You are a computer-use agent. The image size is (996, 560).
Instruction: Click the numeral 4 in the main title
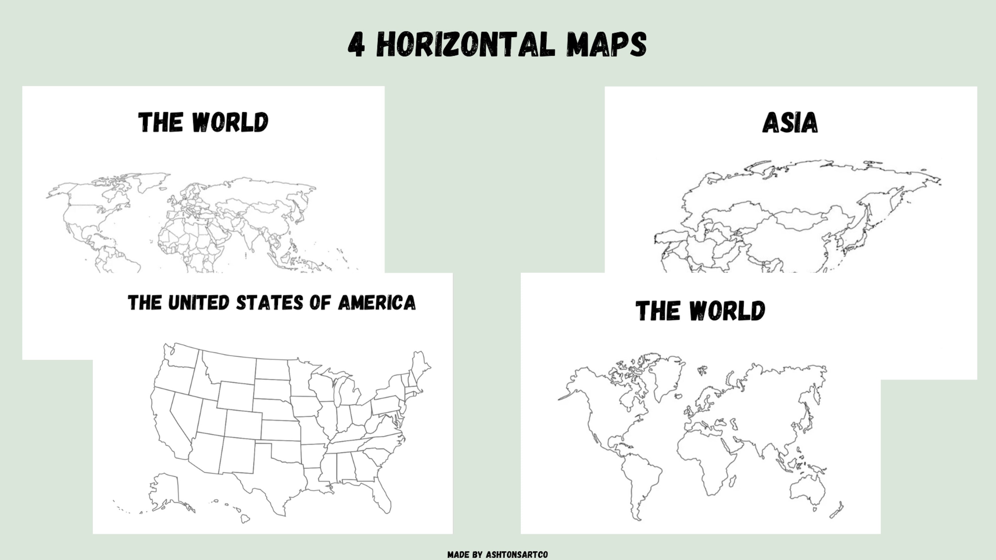pyautogui.click(x=356, y=45)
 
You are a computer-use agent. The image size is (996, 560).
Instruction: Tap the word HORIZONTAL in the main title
pyautogui.click(x=465, y=45)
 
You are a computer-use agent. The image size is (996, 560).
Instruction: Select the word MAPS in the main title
pyautogui.click(x=606, y=45)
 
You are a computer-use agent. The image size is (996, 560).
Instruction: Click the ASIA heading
pyautogui.click(x=790, y=123)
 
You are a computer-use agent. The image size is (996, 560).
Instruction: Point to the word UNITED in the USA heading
pyautogui.click(x=199, y=303)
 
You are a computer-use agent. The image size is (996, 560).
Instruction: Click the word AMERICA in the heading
pyautogui.click(x=377, y=303)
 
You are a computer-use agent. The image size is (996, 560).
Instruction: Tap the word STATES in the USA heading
pyautogui.click(x=270, y=303)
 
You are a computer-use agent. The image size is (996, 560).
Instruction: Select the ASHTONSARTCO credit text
pyautogui.click(x=517, y=555)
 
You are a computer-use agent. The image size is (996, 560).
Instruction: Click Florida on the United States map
pyautogui.click(x=383, y=499)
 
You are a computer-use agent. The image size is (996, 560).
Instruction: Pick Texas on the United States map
pyautogui.click(x=271, y=479)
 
